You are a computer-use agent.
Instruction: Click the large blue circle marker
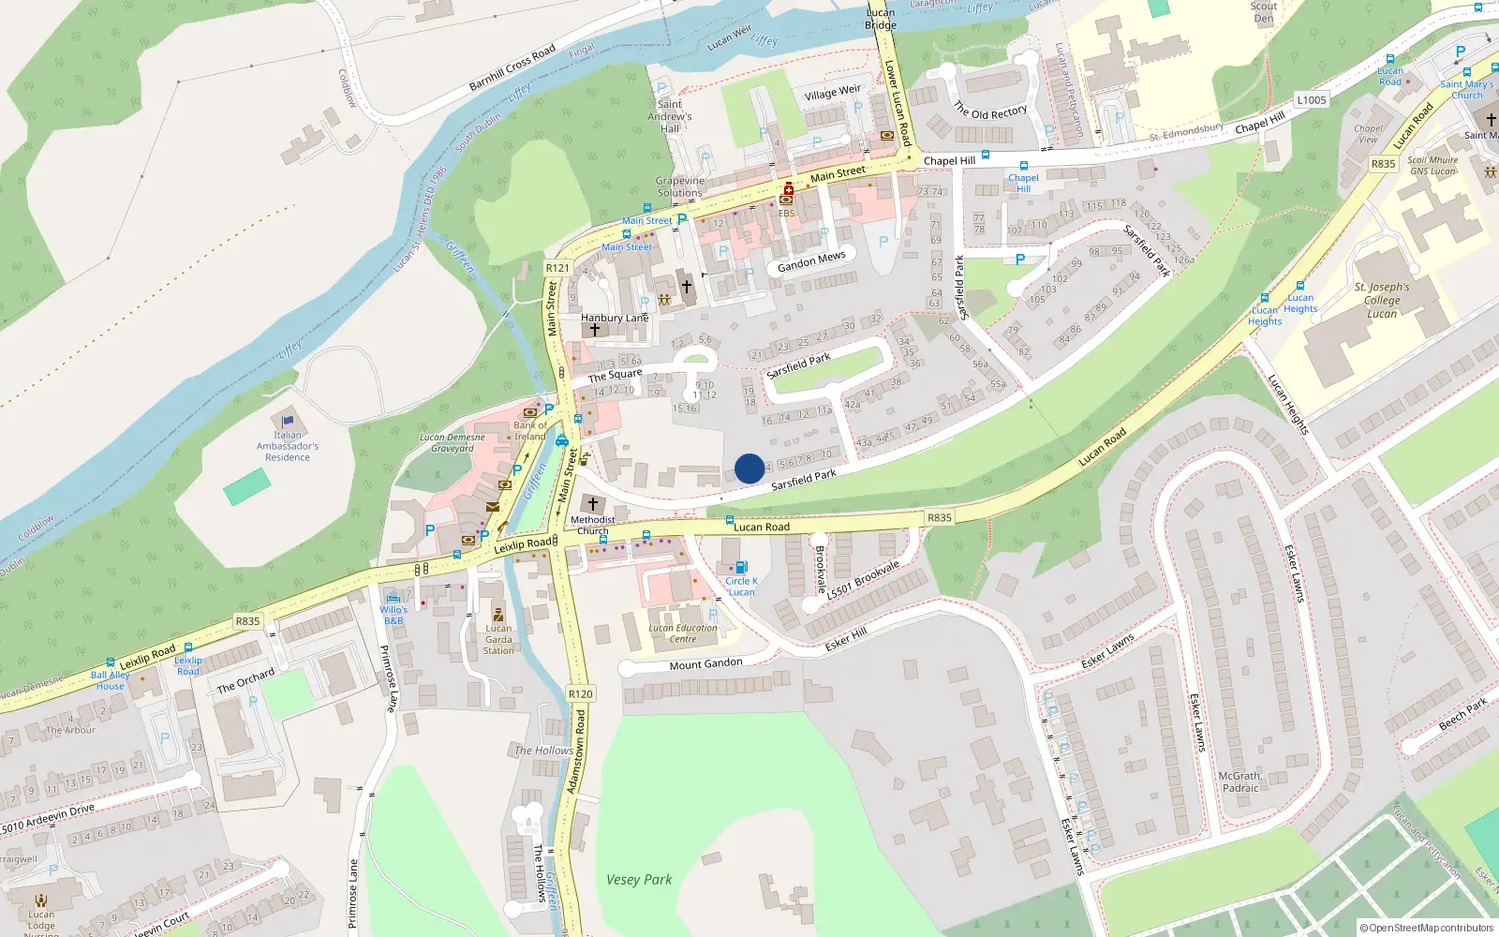(749, 468)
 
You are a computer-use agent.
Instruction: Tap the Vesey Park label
(639, 880)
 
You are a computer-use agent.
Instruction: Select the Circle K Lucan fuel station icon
(741, 567)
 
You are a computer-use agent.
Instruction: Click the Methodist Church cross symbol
(592, 504)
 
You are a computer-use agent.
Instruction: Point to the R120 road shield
(581, 693)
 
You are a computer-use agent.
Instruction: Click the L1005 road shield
(1312, 100)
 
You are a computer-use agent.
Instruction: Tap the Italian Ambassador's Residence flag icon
(288, 421)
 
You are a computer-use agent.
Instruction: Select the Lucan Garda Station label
(498, 639)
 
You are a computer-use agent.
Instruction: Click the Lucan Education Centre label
(683, 633)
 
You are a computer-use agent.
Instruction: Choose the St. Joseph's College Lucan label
(1381, 300)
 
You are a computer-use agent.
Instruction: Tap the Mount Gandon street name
(705, 664)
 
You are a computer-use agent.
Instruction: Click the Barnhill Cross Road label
(512, 67)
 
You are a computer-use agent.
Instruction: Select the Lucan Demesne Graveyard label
(453, 442)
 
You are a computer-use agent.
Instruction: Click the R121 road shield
(557, 268)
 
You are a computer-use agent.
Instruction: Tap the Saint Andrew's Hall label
(670, 116)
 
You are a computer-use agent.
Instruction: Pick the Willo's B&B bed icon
(393, 597)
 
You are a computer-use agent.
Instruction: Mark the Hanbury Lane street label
(615, 318)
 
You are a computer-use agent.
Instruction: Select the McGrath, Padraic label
(1241, 781)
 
